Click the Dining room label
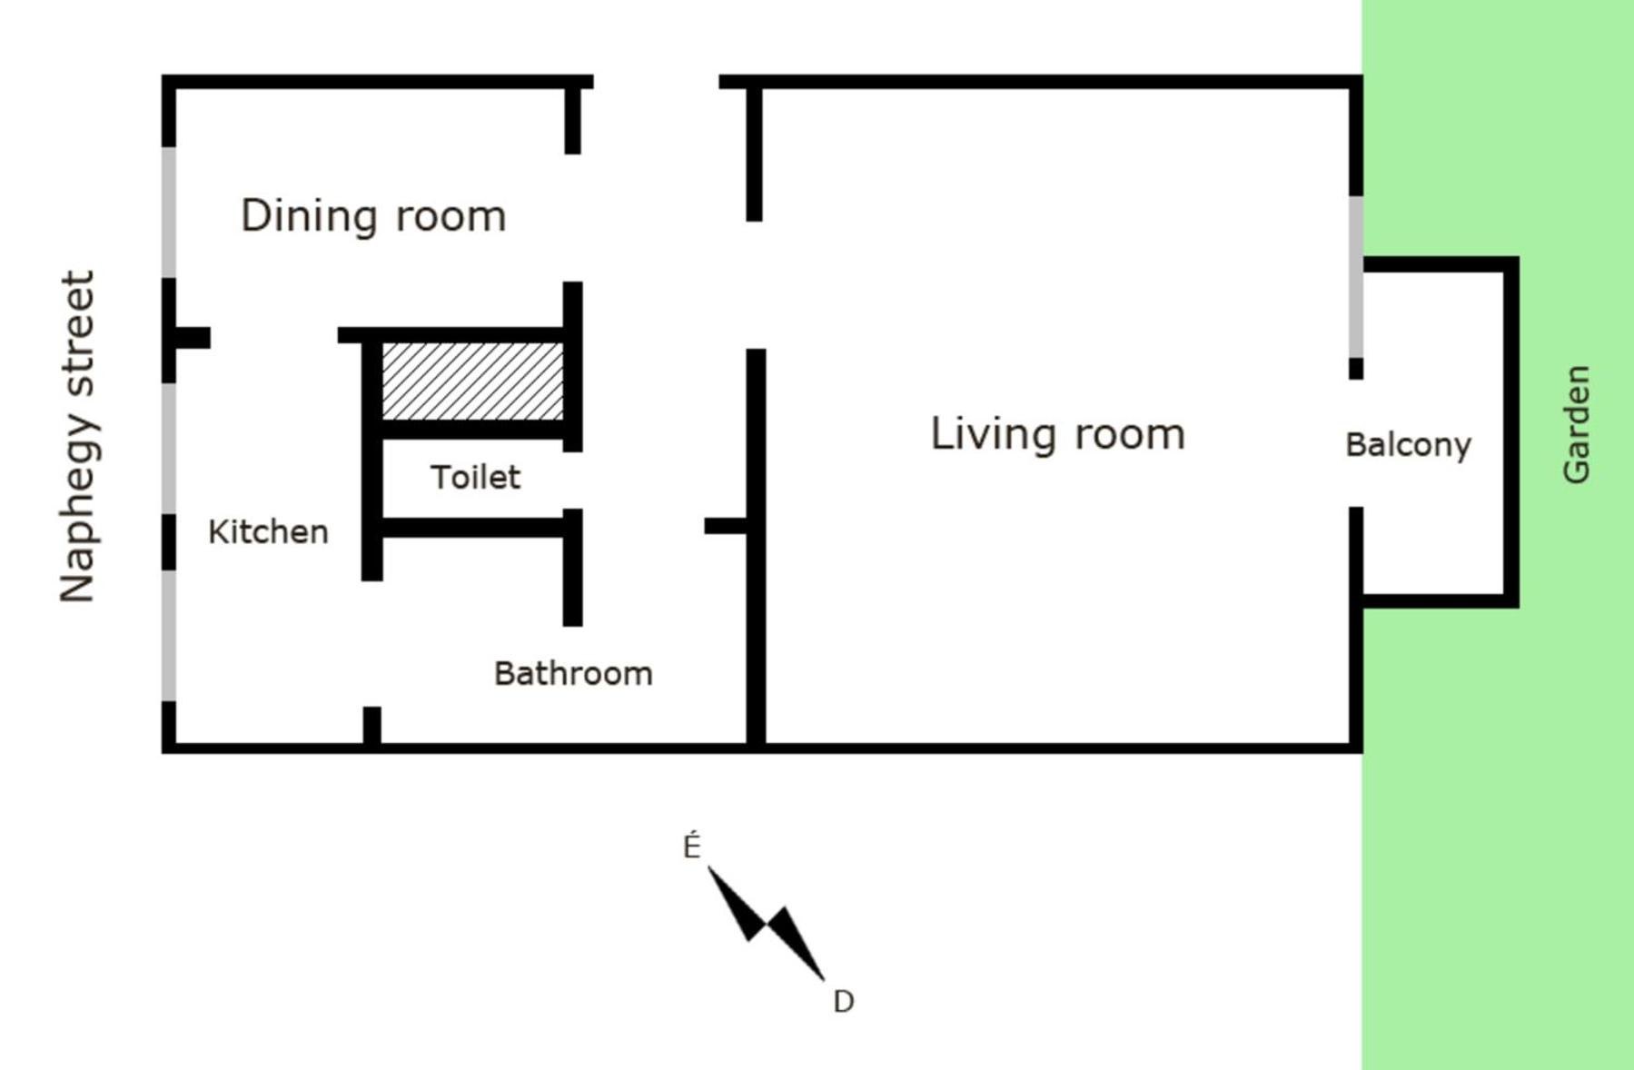(x=373, y=216)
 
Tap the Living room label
(x=1058, y=434)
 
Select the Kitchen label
(x=268, y=531)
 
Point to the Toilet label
(x=475, y=477)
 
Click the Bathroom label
(x=573, y=673)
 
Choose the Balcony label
(x=1408, y=445)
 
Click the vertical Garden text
(x=1577, y=424)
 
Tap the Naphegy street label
(x=78, y=436)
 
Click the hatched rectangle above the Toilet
(x=472, y=381)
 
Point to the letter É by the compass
(x=692, y=847)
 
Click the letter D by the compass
(x=843, y=1002)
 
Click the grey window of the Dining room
(x=169, y=213)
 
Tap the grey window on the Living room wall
(x=1356, y=277)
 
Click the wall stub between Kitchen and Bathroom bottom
(x=371, y=726)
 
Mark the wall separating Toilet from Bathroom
(x=472, y=527)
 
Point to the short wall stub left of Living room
(x=726, y=525)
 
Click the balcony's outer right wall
(x=1511, y=432)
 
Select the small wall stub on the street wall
(x=193, y=338)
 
